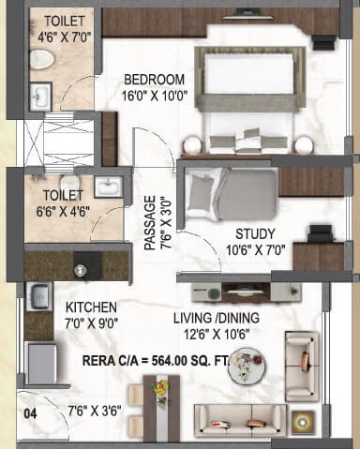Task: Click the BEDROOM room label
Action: [x=155, y=80]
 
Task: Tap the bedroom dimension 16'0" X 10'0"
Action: [x=155, y=95]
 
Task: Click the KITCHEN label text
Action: [x=90, y=307]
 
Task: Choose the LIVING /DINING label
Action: [x=217, y=318]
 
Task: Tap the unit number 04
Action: [x=31, y=409]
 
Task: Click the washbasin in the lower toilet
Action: [x=108, y=186]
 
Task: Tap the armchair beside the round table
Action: [x=301, y=355]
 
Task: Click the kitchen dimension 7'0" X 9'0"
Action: [x=90, y=322]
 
